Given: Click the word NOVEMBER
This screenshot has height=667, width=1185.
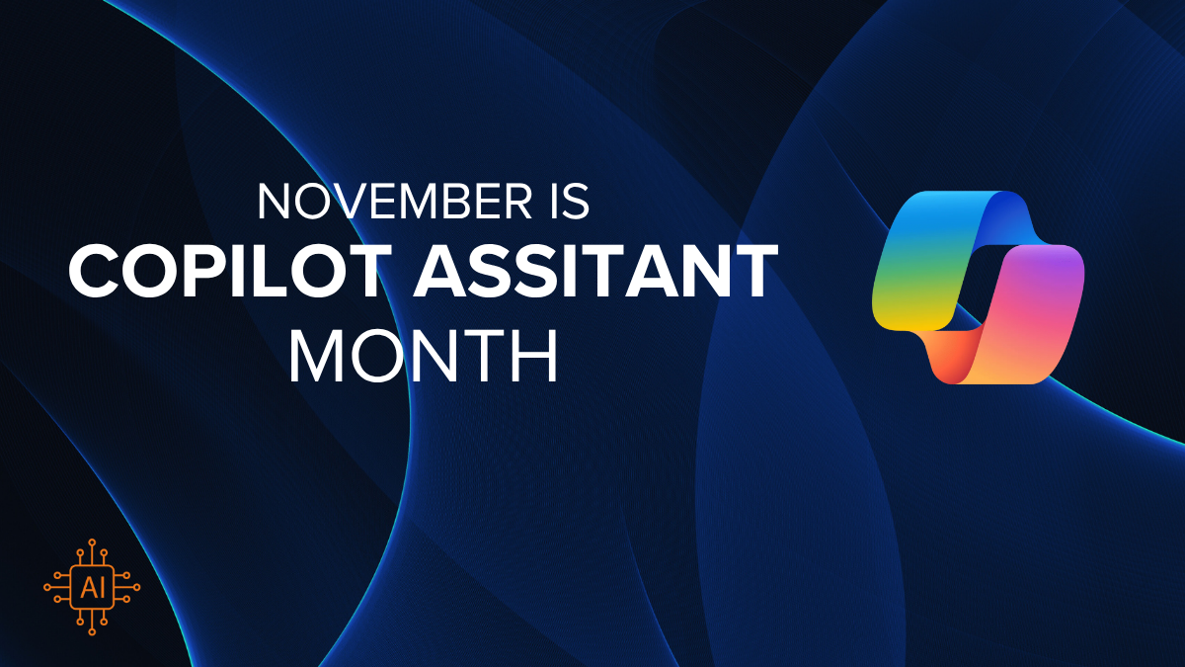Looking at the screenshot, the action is [395, 202].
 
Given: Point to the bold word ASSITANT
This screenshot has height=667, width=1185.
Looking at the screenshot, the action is [595, 271].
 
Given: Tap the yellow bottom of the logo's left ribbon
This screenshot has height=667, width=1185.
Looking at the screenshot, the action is [910, 316].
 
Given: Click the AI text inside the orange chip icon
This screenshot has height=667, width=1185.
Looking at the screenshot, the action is [92, 588].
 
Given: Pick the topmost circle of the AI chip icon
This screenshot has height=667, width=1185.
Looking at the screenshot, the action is [92, 542].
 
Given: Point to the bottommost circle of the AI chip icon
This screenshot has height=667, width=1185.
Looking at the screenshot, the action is [92, 631].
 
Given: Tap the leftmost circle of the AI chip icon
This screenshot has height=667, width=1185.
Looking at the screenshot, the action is [47, 587].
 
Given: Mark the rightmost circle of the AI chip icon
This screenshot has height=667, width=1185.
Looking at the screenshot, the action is [137, 587].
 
